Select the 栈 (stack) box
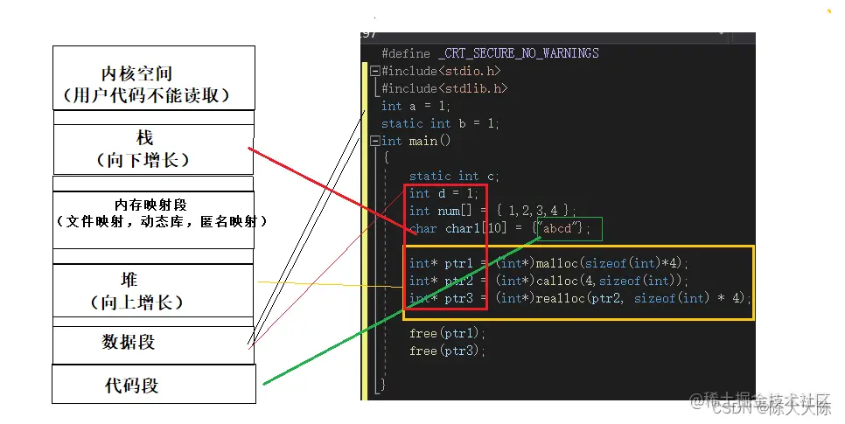(x=154, y=149)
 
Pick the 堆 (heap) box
(x=154, y=290)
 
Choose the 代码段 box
(x=154, y=385)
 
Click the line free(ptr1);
(x=447, y=333)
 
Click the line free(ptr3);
(x=447, y=351)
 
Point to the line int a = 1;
(x=416, y=106)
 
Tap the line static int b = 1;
(x=440, y=123)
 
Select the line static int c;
(x=454, y=176)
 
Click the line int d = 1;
(x=444, y=193)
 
